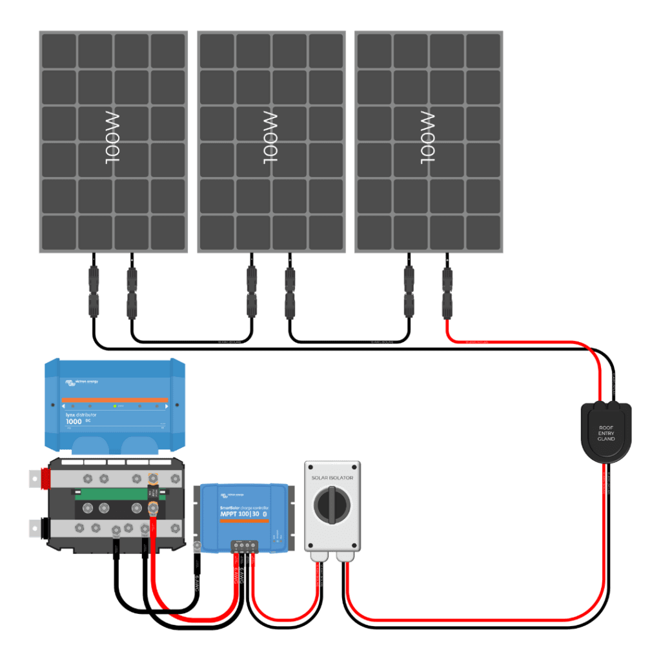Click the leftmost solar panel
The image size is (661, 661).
[x=113, y=141]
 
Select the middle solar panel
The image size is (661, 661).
[x=271, y=141]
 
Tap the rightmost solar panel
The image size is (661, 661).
[x=429, y=141]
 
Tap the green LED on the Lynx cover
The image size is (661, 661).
[x=114, y=407]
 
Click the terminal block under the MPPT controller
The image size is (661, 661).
[x=245, y=545]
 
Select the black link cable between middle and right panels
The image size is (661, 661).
[x=349, y=341]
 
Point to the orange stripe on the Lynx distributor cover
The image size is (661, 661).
[x=114, y=400]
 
